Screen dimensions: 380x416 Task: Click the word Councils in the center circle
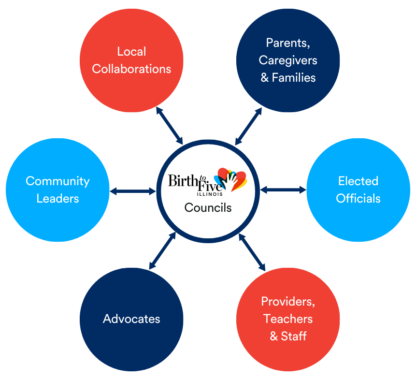(x=208, y=208)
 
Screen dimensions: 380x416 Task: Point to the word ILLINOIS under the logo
(x=209, y=194)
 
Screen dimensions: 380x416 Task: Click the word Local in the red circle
(x=131, y=52)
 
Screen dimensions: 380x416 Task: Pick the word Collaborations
(x=131, y=69)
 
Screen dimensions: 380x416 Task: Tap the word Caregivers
(x=288, y=60)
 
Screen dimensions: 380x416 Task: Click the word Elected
(x=358, y=181)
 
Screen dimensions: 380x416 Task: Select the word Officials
(x=358, y=198)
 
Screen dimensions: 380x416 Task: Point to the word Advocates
(x=131, y=319)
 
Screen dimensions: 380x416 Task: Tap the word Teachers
(x=288, y=319)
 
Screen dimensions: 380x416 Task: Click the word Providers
(x=288, y=302)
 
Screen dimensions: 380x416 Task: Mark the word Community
(x=57, y=181)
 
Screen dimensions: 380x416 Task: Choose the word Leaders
(x=57, y=198)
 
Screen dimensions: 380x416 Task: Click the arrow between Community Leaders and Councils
(x=132, y=191)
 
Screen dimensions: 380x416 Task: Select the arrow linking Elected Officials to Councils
(x=283, y=190)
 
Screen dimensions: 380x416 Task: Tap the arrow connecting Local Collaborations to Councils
(x=169, y=126)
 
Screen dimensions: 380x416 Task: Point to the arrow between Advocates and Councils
(x=162, y=250)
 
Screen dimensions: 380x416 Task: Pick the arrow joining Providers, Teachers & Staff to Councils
(x=252, y=252)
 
